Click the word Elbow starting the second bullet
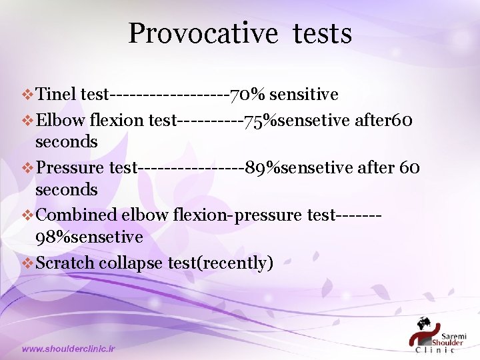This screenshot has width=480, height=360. (57, 121)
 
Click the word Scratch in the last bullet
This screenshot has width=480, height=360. (65, 263)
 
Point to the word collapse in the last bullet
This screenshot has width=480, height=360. (130, 263)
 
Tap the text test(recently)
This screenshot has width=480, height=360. (220, 263)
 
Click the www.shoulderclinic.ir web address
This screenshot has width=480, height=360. (68, 349)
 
